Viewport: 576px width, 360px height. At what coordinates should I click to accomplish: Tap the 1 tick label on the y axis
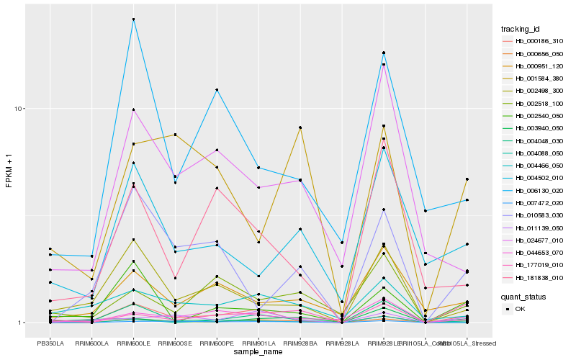[x=19, y=323]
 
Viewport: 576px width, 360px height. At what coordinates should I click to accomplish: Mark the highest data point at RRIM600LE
[x=133, y=19]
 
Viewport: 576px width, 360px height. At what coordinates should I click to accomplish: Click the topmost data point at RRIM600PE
[x=217, y=90]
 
